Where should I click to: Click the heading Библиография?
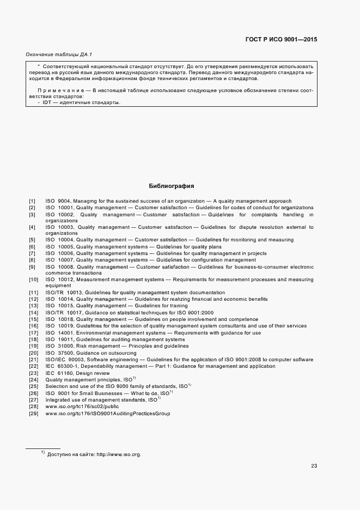coord(172,186)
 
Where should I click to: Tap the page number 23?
coord(314,465)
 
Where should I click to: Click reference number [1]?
coord(32,202)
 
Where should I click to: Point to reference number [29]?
coord(33,414)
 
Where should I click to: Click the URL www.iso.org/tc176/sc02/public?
coord(82,406)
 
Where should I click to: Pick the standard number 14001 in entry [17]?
coord(65,332)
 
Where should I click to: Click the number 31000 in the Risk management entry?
coord(65,346)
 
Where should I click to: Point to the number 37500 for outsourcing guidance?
coord(65,353)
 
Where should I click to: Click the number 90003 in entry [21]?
coord(75,360)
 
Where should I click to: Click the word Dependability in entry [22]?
coord(104,366)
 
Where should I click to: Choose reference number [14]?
coord(33,313)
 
